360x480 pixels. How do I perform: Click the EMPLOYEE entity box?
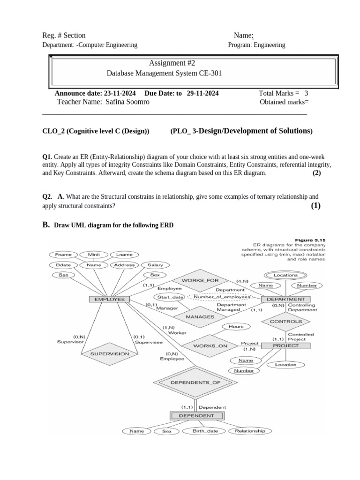point(110,299)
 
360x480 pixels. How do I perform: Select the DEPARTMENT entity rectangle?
point(285,299)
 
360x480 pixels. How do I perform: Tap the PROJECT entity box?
point(285,346)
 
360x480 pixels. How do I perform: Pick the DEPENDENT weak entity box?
point(197,415)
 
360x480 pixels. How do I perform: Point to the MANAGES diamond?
point(200,317)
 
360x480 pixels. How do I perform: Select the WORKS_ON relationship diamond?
point(210,346)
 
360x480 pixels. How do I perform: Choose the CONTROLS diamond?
point(285,322)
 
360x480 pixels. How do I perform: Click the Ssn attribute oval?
point(63,275)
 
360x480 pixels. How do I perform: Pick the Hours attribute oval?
point(236,326)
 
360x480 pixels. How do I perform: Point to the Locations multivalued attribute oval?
point(285,275)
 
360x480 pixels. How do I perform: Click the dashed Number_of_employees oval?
point(218,297)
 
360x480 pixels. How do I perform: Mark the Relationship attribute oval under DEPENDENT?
point(249,431)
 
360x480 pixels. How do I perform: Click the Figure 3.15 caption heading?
point(310,240)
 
